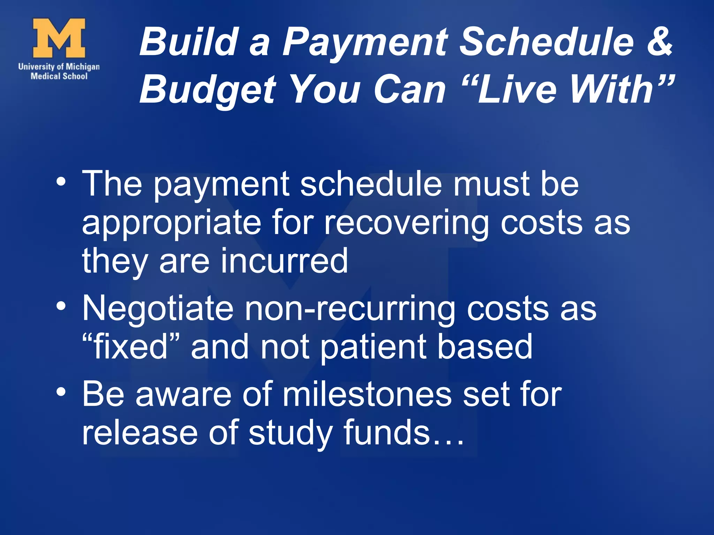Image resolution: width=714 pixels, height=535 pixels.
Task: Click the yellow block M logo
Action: click(59, 38)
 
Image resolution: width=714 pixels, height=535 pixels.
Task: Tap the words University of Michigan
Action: click(59, 66)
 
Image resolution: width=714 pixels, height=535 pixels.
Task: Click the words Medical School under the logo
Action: click(59, 76)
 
